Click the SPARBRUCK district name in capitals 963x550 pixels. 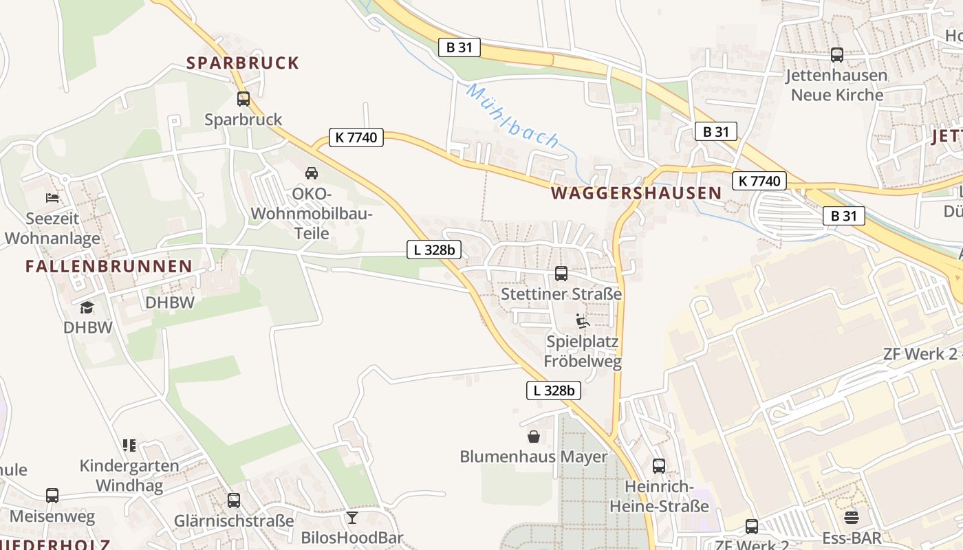tap(243, 63)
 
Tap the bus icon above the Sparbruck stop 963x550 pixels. tap(244, 98)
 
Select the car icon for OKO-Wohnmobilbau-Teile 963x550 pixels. tap(312, 173)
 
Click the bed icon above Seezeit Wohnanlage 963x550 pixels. tap(52, 198)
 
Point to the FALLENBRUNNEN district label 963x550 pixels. tap(109, 266)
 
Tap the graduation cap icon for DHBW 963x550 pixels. tap(87, 307)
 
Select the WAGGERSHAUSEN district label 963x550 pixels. tap(636, 193)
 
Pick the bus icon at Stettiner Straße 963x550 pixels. tap(561, 274)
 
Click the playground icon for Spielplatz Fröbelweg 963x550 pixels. tap(583, 321)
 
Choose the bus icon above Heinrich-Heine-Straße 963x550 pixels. tap(659, 466)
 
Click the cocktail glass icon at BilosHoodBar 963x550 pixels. tap(352, 517)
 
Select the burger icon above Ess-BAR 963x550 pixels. tap(852, 517)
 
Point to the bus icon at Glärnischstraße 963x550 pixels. tap(234, 500)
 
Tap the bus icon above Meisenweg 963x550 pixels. tap(52, 495)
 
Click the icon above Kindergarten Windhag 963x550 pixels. tap(129, 445)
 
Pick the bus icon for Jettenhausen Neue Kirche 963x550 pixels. tap(837, 54)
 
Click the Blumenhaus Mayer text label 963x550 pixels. tap(534, 456)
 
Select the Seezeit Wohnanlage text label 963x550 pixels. tap(52, 228)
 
